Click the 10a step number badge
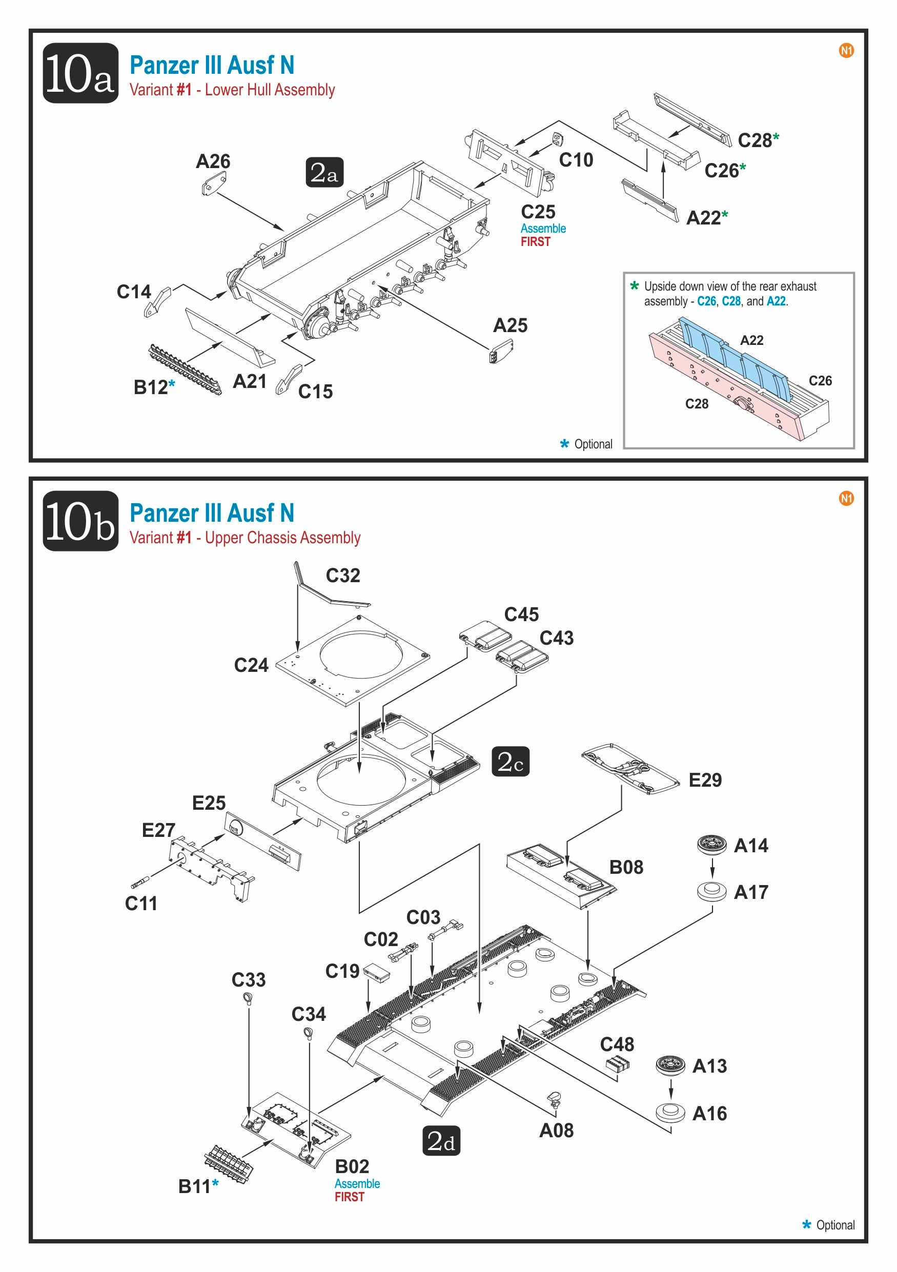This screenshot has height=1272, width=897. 80,73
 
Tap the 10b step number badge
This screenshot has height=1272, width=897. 80,521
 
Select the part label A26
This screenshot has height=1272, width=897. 213,161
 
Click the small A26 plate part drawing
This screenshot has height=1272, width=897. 213,183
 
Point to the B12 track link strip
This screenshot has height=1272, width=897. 185,370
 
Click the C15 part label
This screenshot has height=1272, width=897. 315,392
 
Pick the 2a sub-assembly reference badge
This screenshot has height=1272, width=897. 324,172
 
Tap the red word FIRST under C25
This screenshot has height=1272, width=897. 535,242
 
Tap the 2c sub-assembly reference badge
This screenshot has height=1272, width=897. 511,762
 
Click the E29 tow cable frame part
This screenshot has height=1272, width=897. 630,769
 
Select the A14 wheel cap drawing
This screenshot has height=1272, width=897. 711,844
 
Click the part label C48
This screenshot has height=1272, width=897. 617,1044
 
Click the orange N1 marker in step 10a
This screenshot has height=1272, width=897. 846,50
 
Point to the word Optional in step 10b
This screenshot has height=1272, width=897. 835,1225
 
